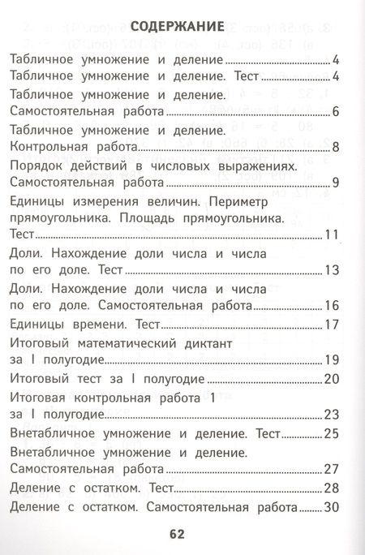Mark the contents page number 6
[x=334, y=111]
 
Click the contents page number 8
[x=334, y=148]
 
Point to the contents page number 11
[x=330, y=235]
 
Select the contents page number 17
[x=330, y=325]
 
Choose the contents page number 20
[x=330, y=379]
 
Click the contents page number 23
[x=330, y=415]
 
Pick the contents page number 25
[x=330, y=433]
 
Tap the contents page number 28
[x=330, y=488]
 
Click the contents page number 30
[x=330, y=507]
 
